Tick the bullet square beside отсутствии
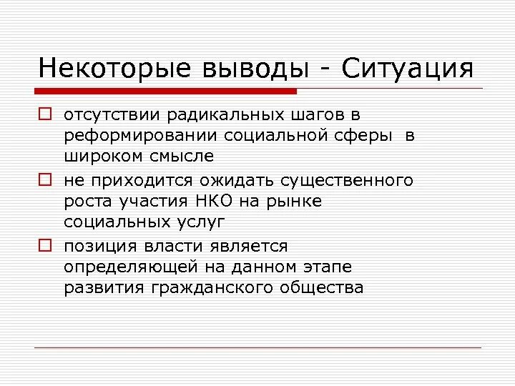click(x=44, y=113)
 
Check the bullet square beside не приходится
click(x=44, y=179)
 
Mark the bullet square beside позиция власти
click(x=44, y=245)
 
